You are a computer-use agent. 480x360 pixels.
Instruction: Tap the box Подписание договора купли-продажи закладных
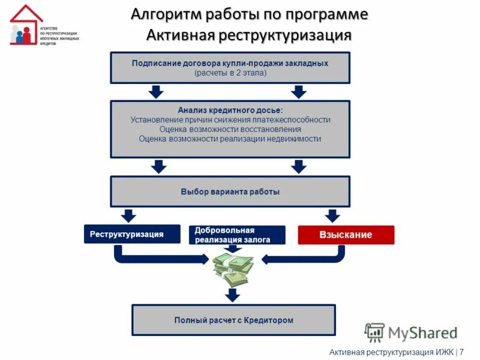click(230, 67)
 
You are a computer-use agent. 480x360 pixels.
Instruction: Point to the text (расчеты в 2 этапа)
click(230, 73)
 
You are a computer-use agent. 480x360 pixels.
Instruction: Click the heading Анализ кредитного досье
click(230, 110)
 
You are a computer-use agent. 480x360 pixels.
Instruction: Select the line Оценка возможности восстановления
click(230, 129)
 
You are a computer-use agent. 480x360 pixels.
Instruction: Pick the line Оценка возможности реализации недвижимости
click(230, 139)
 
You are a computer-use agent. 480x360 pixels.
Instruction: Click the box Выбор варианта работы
click(230, 191)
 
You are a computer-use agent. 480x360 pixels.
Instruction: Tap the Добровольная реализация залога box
click(237, 235)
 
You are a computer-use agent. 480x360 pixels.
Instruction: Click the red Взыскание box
click(346, 235)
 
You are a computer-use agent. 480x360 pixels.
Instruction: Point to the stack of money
click(233, 269)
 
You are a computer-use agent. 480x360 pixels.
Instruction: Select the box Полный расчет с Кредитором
click(233, 320)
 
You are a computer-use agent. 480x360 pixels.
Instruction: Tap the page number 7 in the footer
click(461, 352)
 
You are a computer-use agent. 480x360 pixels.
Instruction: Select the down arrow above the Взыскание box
click(332, 215)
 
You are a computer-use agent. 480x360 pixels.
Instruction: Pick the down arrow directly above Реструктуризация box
click(128, 215)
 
